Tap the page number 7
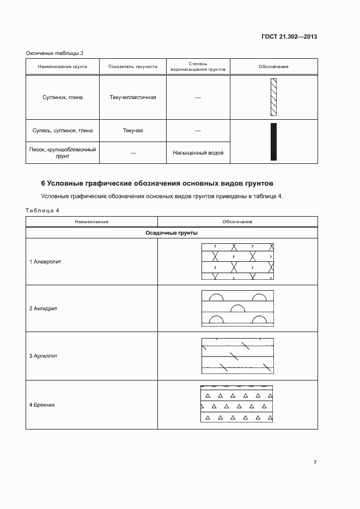[x=315, y=463]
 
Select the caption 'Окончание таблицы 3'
[x=54, y=53]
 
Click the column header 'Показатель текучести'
[x=132, y=67]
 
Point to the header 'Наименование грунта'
[x=62, y=67]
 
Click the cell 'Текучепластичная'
[x=132, y=97]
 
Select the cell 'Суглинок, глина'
[x=62, y=97]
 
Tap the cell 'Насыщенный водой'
[x=198, y=153]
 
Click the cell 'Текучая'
[x=132, y=131]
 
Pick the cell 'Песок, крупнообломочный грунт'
[x=62, y=152]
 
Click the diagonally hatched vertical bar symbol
[x=273, y=97]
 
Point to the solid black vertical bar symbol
[x=273, y=142]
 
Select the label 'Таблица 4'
[x=42, y=210]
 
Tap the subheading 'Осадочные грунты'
[x=172, y=233]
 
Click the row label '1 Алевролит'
[x=45, y=261]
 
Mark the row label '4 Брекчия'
[x=42, y=405]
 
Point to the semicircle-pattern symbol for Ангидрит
[x=237, y=309]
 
